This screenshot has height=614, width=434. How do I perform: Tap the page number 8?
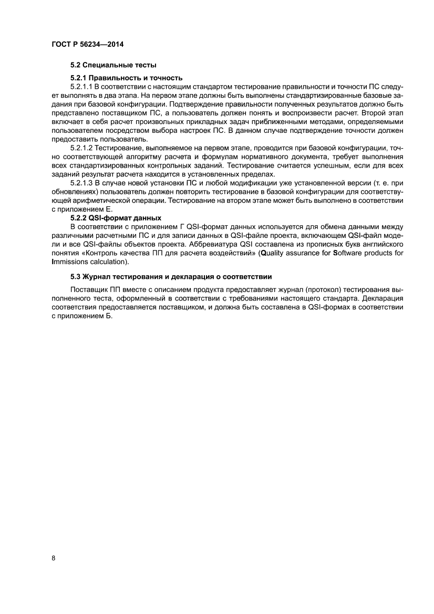click(x=54, y=558)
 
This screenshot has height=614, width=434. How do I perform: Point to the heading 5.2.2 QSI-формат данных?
click(x=116, y=217)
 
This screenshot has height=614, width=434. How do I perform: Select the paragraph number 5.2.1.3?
click(x=81, y=183)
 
